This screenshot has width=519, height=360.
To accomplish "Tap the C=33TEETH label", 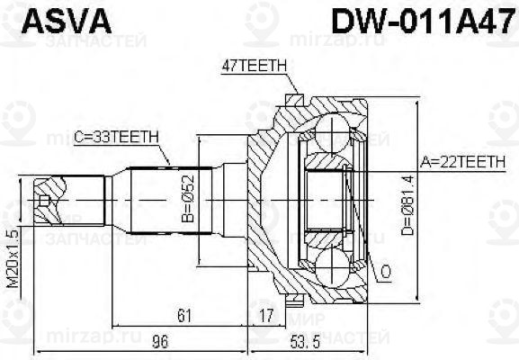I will pyautogui.click(x=116, y=136).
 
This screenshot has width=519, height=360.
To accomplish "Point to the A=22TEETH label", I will pyautogui.click(x=464, y=163).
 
